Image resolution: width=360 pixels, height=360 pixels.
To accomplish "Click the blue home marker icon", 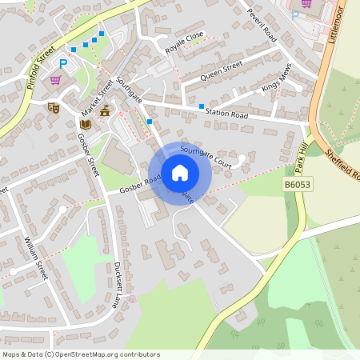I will click(x=180, y=172).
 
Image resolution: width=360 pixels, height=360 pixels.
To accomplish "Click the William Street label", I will click(x=37, y=257).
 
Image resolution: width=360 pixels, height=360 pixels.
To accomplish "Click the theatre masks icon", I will click(x=54, y=106).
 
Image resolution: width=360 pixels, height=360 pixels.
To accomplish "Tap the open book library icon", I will click(x=85, y=124).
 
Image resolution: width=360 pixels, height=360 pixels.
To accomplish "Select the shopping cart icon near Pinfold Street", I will click(x=55, y=80).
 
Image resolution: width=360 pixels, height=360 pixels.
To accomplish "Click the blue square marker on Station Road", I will click(x=201, y=106).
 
